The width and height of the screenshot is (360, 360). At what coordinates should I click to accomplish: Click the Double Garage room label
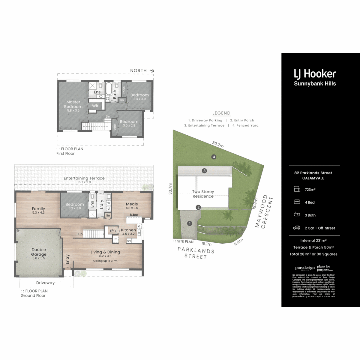coord(39,252)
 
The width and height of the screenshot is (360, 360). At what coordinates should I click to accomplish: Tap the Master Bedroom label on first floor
coord(73,104)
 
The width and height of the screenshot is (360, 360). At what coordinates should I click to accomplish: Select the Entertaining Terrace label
coord(84,178)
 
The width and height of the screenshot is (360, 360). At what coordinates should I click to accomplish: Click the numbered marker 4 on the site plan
coord(213,157)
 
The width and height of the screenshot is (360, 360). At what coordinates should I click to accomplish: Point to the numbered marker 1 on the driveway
coord(190,223)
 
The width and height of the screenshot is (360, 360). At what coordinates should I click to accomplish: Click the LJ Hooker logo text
coord(314,74)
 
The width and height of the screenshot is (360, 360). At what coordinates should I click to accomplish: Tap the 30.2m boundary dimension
coord(218,144)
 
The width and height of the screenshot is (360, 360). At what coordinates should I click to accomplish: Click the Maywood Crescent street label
coord(265,212)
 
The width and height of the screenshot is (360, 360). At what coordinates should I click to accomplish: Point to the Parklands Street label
coord(196,253)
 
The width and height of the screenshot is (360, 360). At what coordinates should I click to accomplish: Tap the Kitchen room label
coord(128,230)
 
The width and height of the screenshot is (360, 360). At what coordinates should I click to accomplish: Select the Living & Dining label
coord(105,252)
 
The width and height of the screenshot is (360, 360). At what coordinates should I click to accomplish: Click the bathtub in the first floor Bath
coord(109,89)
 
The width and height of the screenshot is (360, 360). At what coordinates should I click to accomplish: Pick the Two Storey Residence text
coord(203,194)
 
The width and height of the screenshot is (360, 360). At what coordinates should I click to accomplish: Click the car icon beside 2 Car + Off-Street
coord(296,228)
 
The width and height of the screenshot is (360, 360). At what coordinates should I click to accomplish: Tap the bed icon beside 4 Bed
coord(296,202)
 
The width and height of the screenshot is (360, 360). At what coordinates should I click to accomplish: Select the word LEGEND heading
coord(221,113)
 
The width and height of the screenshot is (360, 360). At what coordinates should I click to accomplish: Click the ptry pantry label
coord(113,230)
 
